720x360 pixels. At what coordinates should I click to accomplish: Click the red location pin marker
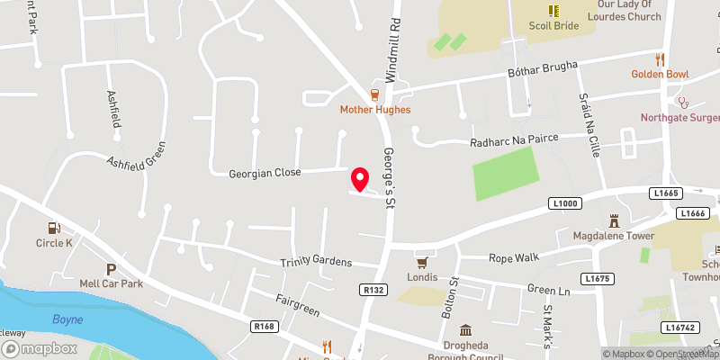360,179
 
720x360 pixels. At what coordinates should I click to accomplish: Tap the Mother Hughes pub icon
375,94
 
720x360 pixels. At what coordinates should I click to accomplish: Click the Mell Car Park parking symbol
112,269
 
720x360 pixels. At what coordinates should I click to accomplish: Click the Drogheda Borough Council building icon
465,330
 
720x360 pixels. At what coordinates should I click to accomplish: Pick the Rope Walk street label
513,257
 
